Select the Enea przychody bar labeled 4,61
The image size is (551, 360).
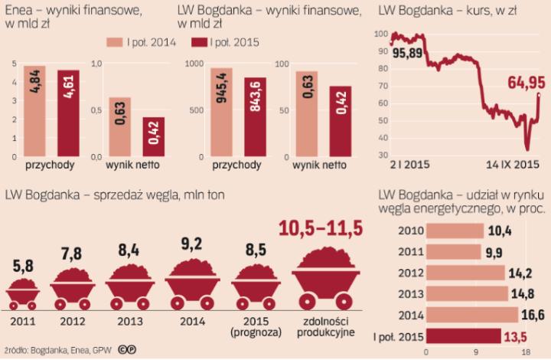pyautogui.click(x=68, y=112)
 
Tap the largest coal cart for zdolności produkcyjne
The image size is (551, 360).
pyautogui.click(x=324, y=277)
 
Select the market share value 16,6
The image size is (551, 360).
pyautogui.click(x=533, y=314)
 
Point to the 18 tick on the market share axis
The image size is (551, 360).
pyautogui.click(x=526, y=352)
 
